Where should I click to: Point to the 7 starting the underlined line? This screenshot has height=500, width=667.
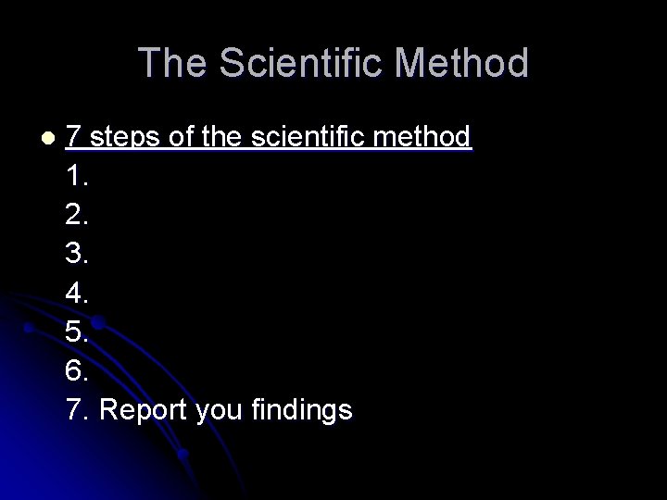(x=75, y=137)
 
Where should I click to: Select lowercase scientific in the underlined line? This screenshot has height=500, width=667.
(x=314, y=137)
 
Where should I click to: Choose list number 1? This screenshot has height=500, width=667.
(x=78, y=176)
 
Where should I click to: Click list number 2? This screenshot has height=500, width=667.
(x=78, y=215)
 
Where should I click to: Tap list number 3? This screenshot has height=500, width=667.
(x=78, y=254)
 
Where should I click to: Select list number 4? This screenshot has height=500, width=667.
(x=78, y=293)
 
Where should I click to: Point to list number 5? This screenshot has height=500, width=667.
(x=78, y=331)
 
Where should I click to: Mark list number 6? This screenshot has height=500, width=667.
(x=78, y=370)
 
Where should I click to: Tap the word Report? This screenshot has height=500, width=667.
(x=144, y=410)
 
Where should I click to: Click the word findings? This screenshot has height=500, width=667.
(x=301, y=410)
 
